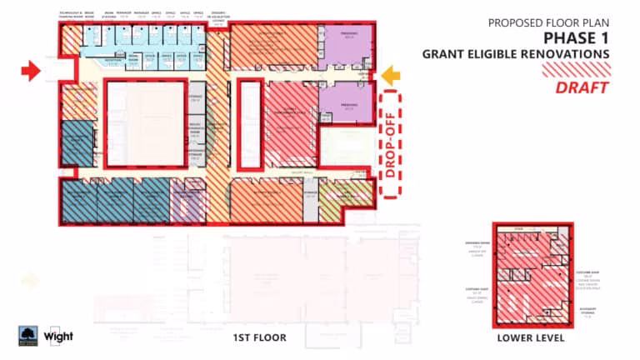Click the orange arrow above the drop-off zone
click(x=391, y=77)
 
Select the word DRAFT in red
click(x=582, y=87)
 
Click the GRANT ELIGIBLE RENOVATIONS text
click(x=516, y=55)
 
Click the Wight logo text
click(x=59, y=336)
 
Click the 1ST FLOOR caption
click(x=258, y=337)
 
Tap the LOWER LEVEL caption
click(x=531, y=338)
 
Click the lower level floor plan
click(x=531, y=274)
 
